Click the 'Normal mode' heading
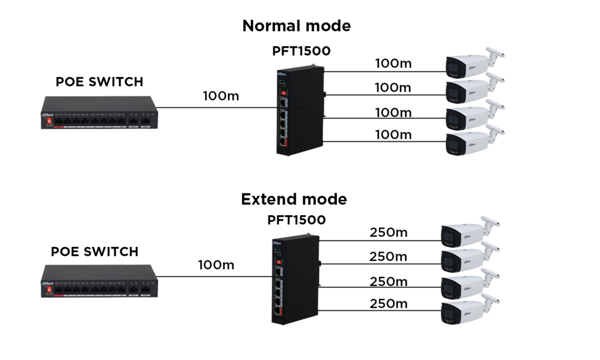[x=296, y=26]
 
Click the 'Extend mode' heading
[x=294, y=199]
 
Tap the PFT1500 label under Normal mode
[x=301, y=51]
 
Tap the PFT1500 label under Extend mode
[x=296, y=220]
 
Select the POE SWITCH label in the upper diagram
[x=100, y=82]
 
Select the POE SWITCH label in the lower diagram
[x=95, y=252]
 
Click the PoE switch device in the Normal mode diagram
[x=100, y=113]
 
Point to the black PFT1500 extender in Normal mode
[x=300, y=112]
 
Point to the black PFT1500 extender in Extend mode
[x=295, y=281]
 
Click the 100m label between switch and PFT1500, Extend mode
[x=216, y=266]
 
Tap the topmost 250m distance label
[x=388, y=233]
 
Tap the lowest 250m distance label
[x=388, y=304]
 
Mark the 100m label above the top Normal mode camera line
[x=393, y=63]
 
